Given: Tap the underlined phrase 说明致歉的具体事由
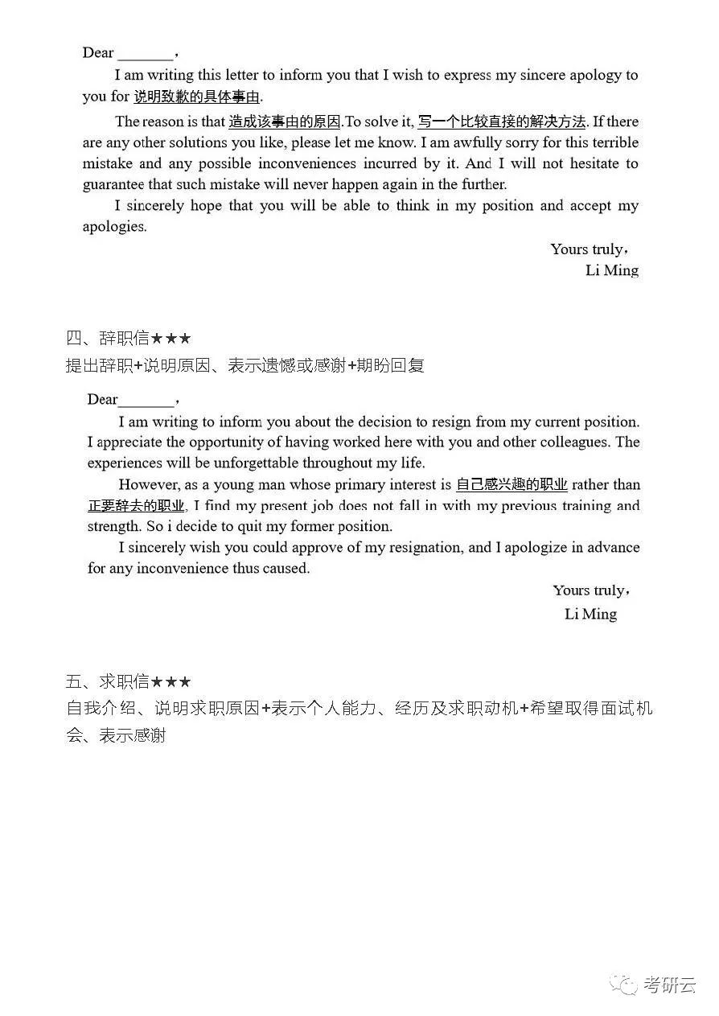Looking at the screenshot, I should tap(196, 97).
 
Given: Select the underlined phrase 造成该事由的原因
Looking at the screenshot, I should tap(285, 122).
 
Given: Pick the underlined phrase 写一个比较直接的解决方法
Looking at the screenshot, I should tap(503, 122).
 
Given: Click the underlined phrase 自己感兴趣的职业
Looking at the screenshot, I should tap(512, 485).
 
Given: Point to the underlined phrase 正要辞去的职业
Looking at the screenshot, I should tap(136, 506).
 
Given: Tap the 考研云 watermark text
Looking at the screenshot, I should tap(669, 984).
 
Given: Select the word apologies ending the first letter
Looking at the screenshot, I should tap(114, 227).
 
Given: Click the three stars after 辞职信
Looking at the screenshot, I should tap(171, 339).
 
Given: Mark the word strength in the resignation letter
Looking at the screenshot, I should tap(116, 527).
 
